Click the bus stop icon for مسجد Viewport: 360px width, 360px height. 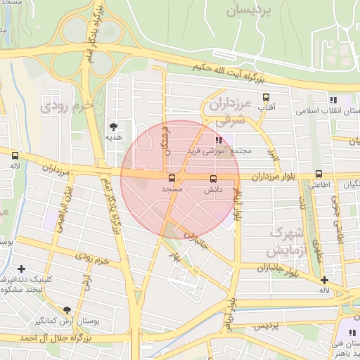coord(172,178)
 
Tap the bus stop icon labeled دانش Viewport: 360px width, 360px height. coord(214,179)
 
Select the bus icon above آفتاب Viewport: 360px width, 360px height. coord(266,98)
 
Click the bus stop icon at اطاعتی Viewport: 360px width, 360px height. coord(319,174)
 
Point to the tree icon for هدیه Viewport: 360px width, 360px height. coord(113,126)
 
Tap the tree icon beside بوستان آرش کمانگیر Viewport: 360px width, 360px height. coord(67,310)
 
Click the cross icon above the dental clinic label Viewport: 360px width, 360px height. coord(22,269)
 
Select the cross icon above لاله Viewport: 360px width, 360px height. coord(323,280)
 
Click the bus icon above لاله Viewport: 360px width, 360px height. coord(15,155)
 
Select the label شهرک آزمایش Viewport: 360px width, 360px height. coord(288,240)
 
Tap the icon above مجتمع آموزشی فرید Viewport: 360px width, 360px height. coord(219,140)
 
